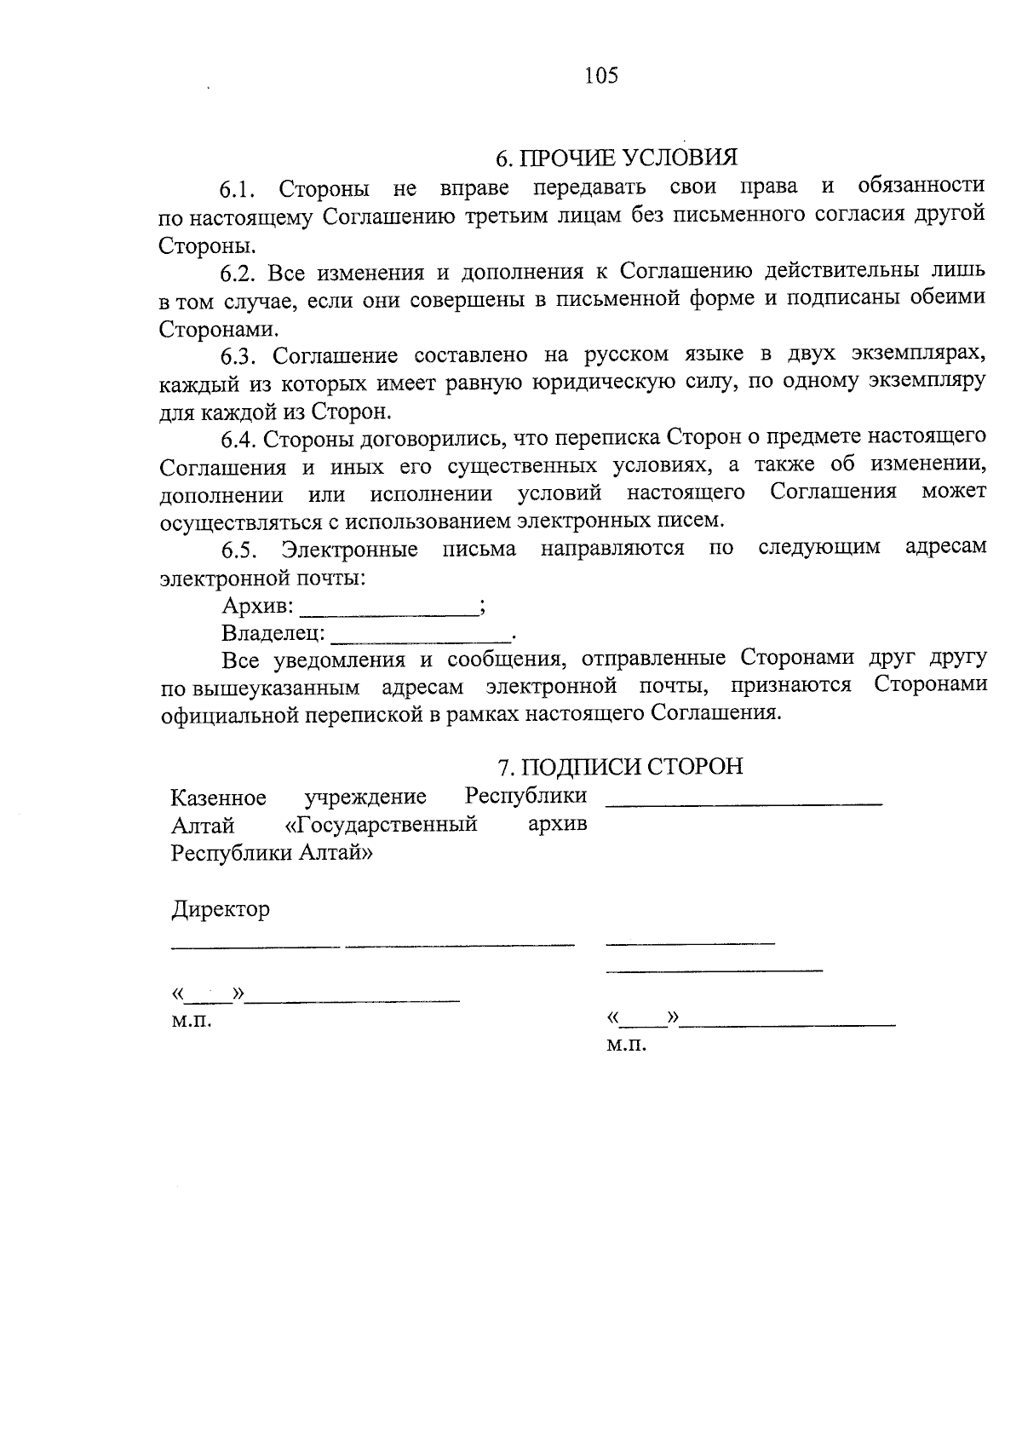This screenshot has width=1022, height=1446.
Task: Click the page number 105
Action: tap(601, 76)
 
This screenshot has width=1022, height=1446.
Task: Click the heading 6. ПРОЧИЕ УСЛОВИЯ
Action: tap(616, 158)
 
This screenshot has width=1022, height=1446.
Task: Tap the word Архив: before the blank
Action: tap(258, 607)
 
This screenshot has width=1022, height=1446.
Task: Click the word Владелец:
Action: tap(273, 634)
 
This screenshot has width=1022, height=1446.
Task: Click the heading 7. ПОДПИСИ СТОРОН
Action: tap(620, 767)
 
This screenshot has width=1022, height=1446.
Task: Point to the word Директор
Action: tap(221, 909)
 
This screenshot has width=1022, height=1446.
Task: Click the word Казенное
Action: tap(219, 798)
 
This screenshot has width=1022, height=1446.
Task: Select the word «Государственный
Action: tap(380, 825)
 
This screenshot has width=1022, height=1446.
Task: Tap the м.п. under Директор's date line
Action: tap(191, 1020)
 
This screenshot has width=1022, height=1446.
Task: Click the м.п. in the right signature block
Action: tap(626, 1044)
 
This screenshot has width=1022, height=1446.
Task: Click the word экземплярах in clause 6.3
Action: tap(921, 354)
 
